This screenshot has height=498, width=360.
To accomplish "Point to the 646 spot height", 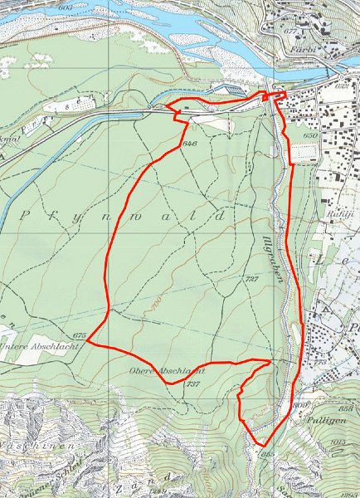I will pos(188,144).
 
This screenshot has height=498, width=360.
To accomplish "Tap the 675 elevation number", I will pos(80,334).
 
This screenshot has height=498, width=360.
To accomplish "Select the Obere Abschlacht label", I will pos(166,371).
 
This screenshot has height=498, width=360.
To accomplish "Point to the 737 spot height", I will pos(193,383).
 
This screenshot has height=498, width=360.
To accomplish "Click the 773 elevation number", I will pos(319,363).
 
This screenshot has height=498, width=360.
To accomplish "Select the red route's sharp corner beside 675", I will pos(89,343).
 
